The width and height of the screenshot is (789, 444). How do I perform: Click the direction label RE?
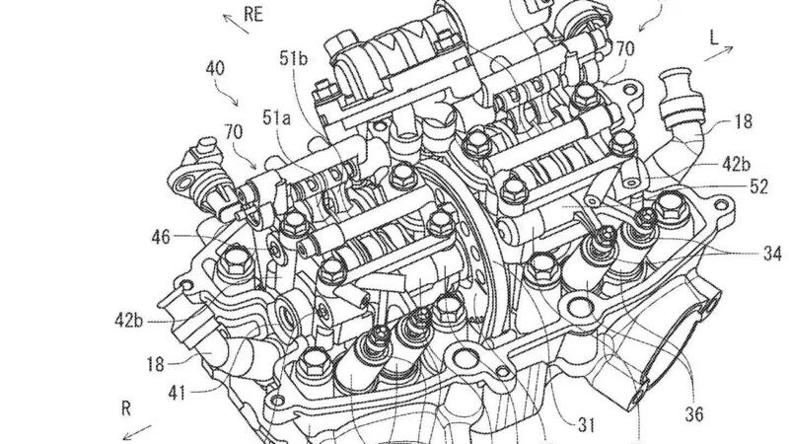pos(253,14)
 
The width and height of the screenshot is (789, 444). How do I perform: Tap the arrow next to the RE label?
pos(236,24)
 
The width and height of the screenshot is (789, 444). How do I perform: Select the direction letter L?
pos(714,38)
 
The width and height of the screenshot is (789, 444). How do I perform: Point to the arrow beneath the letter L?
pos(718,54)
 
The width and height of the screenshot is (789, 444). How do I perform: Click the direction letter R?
pos(126,408)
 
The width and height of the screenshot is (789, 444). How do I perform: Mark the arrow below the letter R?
pos(137,432)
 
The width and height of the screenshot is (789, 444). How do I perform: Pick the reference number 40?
pos(215,68)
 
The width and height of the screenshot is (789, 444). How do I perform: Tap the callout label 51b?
pos(293,59)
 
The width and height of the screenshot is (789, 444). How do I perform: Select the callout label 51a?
pos(276,117)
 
